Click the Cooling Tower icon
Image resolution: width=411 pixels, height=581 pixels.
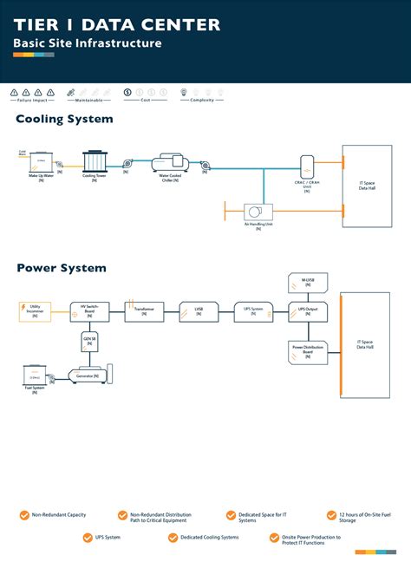tap(95, 161)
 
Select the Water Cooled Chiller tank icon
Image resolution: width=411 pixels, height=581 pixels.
tap(169, 162)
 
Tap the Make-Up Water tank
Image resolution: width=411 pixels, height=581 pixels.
tap(40, 162)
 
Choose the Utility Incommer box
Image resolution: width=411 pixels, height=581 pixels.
tap(35, 310)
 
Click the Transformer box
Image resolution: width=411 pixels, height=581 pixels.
tap(144, 310)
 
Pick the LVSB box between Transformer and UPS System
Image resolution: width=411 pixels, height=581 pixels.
tap(198, 310)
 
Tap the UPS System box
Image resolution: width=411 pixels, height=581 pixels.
tap(252, 310)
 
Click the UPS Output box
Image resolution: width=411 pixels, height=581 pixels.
tap(308, 310)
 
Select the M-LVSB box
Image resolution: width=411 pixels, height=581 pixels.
tap(308, 282)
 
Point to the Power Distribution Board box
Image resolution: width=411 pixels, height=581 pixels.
tap(307, 351)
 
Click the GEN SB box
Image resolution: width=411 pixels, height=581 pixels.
tap(89, 341)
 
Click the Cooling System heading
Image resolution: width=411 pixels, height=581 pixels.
tap(64, 119)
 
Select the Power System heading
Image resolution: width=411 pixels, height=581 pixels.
tap(62, 268)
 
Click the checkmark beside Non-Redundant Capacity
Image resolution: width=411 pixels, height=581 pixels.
tap(24, 515)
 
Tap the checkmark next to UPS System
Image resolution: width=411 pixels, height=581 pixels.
tap(75, 538)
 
